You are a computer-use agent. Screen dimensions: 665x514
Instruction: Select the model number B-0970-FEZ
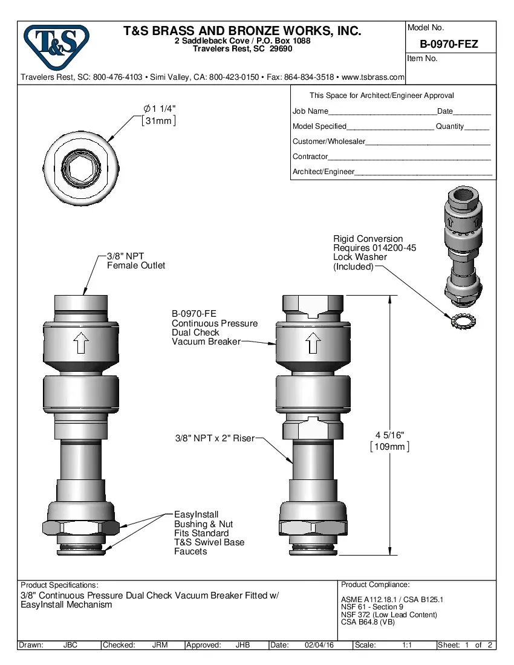click(449, 44)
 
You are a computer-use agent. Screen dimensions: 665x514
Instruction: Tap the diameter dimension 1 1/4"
click(160, 108)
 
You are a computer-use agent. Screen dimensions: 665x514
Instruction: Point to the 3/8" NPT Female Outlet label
click(135, 261)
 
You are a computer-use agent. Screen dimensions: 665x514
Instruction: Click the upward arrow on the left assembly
click(81, 345)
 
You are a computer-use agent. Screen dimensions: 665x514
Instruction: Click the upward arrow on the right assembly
click(312, 345)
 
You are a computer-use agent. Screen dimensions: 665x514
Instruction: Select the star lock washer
click(460, 320)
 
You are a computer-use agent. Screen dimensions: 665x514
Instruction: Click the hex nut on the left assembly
click(81, 528)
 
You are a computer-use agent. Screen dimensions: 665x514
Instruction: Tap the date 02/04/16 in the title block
click(319, 645)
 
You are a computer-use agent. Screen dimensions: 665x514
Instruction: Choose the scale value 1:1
click(408, 645)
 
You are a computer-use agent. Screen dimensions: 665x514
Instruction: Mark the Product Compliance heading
click(375, 585)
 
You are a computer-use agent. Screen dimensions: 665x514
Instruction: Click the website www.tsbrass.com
click(372, 77)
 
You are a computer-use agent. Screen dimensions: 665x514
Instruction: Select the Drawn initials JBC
click(70, 645)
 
